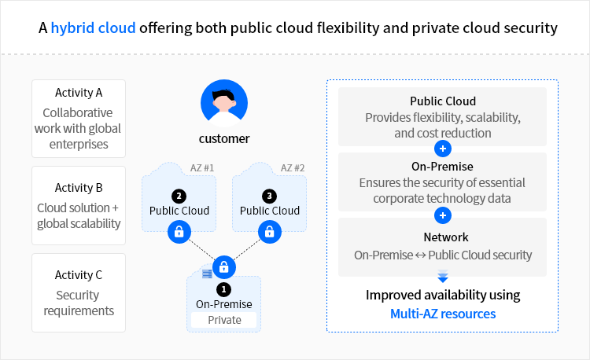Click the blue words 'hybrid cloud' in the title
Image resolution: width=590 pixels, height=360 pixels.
click(94, 28)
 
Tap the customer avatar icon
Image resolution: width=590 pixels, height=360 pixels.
click(224, 102)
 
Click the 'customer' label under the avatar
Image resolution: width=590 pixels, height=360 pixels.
click(224, 139)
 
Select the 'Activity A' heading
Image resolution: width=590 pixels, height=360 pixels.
click(79, 93)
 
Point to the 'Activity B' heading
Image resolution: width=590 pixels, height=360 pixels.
click(79, 188)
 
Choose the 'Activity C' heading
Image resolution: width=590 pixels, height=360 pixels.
click(79, 275)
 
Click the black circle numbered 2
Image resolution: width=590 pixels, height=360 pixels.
click(179, 195)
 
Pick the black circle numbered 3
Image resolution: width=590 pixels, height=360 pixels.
click(270, 195)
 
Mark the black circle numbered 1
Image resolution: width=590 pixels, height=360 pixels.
click(224, 288)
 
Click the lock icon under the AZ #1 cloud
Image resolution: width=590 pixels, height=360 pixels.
click(179, 232)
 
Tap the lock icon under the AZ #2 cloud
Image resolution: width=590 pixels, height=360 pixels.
click(270, 232)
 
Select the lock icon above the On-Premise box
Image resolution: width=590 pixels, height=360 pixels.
click(224, 266)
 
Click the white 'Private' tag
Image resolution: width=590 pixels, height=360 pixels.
click(224, 320)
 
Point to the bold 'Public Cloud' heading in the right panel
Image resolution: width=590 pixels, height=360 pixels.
click(443, 101)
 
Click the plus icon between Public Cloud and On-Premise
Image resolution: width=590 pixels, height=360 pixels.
click(443, 148)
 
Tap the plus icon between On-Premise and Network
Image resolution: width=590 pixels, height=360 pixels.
click(443, 215)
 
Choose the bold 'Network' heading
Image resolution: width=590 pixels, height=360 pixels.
click(443, 237)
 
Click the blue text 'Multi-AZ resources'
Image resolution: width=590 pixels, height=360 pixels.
click(443, 314)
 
